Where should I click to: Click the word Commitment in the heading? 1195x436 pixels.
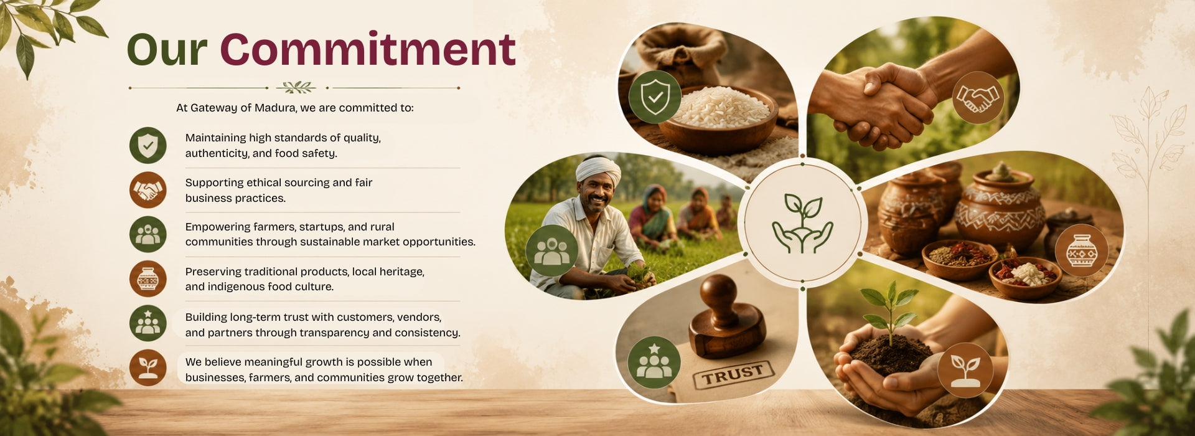coord(367,49)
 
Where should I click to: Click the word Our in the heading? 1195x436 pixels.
coord(167,50)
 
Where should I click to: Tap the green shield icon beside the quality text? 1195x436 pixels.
coord(148,145)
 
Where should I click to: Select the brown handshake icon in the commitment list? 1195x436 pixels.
coord(148,190)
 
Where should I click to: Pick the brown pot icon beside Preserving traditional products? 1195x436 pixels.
coord(148,278)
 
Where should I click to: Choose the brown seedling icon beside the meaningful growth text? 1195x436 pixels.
coord(148,367)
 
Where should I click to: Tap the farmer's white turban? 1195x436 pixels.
coord(598,170)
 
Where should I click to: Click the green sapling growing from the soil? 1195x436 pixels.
coord(891,310)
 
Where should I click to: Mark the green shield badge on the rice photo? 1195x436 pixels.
coord(655,97)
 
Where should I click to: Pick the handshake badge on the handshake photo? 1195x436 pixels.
coord(977,98)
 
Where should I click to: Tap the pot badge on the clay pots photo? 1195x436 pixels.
coord(1082,250)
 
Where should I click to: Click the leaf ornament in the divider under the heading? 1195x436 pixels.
coord(295,87)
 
